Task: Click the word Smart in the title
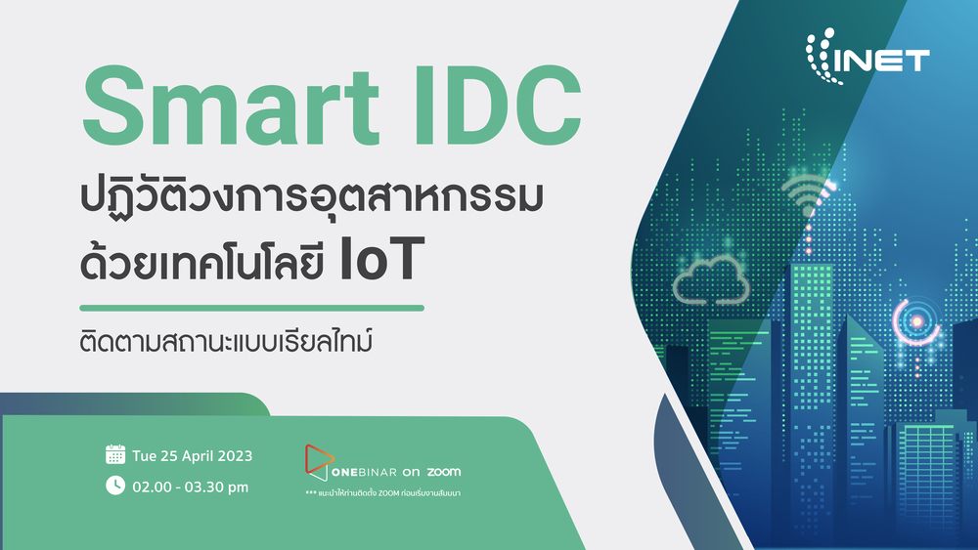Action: coord(231,106)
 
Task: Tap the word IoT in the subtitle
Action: coord(381,259)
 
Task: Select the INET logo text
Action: coord(881,61)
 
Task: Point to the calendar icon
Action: coord(115,454)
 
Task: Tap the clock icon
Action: coord(115,486)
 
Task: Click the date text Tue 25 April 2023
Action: coord(192,456)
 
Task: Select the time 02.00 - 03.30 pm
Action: coord(191,487)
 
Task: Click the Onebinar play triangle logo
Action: coord(318,462)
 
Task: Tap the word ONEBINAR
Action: coord(364,472)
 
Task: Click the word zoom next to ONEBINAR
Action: coord(443,472)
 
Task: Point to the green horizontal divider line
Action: coord(252,308)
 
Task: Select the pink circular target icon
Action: coord(916,321)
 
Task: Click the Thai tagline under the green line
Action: coord(227,341)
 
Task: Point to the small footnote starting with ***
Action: coord(383,493)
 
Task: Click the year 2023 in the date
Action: coord(235,456)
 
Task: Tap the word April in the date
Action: coord(198,456)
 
